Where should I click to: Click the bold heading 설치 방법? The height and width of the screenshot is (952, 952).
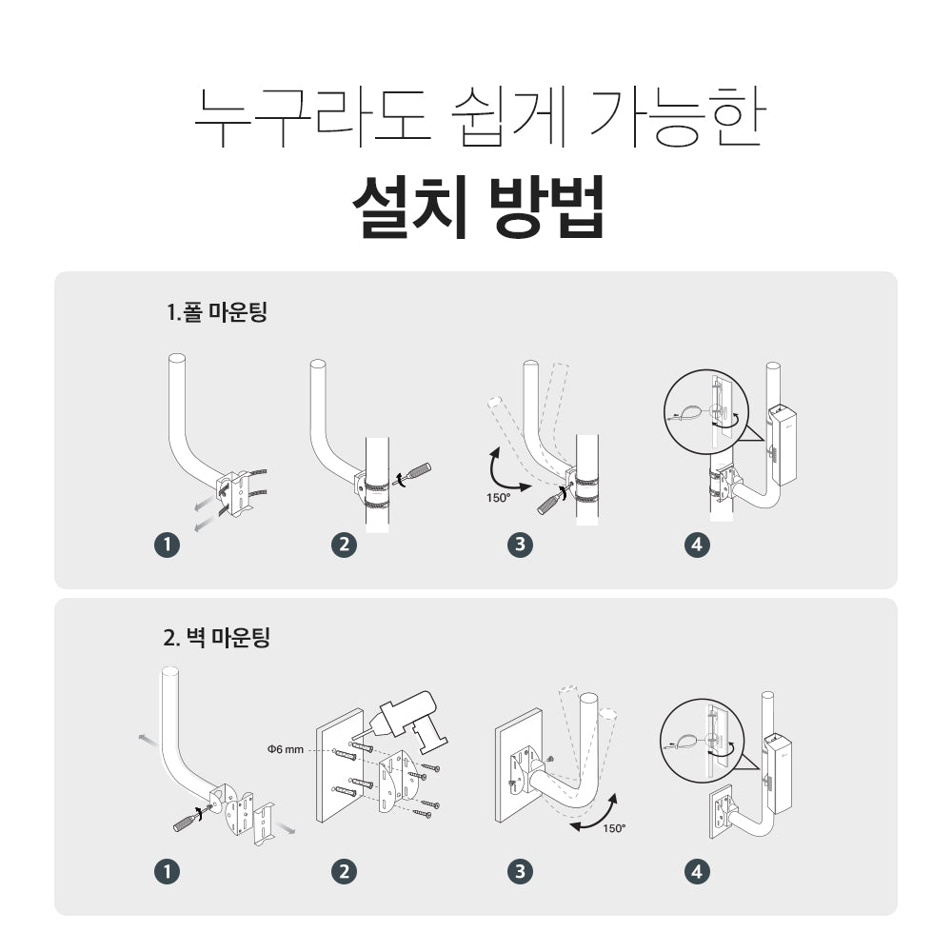(x=479, y=207)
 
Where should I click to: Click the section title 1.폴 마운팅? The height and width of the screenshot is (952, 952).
(x=217, y=311)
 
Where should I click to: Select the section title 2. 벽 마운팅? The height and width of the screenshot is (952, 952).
(x=216, y=638)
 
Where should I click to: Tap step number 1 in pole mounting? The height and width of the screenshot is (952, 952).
(x=167, y=545)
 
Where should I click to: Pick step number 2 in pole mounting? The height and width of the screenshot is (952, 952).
(x=345, y=545)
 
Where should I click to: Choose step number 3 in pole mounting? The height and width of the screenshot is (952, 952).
(x=521, y=545)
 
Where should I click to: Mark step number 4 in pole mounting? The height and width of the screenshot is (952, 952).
(x=697, y=545)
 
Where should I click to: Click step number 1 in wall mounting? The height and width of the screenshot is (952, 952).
(x=167, y=872)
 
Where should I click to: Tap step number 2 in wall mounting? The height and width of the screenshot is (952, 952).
(x=345, y=872)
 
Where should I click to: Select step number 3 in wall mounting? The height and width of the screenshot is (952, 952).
(x=521, y=872)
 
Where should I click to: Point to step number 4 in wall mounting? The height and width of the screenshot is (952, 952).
(x=697, y=872)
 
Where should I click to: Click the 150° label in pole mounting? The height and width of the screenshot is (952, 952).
(x=499, y=498)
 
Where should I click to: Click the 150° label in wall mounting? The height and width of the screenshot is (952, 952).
(x=614, y=828)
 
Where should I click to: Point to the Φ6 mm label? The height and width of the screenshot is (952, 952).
(x=286, y=749)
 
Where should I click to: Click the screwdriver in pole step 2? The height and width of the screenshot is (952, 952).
(x=413, y=473)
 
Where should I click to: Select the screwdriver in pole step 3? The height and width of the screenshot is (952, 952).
(x=551, y=501)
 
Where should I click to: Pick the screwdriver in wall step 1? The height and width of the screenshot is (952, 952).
(x=192, y=819)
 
